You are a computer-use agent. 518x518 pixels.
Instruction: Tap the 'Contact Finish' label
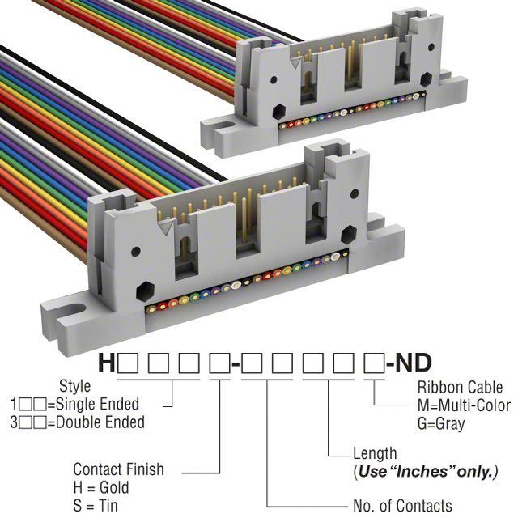[x=118, y=469]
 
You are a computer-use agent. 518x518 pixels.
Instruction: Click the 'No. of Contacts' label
[x=402, y=506]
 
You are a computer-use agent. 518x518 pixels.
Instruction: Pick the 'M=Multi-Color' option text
[x=464, y=405]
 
